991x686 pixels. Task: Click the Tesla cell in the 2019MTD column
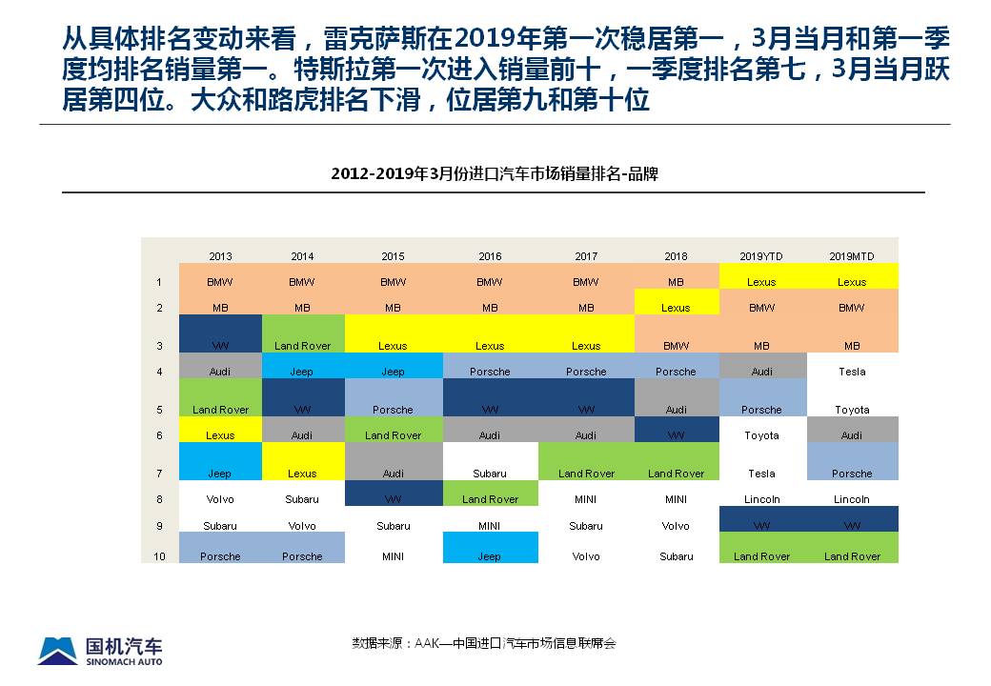coord(852,372)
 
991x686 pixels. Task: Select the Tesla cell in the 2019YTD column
coord(761,474)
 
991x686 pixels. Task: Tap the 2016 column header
coord(490,256)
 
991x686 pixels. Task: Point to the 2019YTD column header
coord(761,256)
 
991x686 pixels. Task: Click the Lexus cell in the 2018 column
coord(676,308)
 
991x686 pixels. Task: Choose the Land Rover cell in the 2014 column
coord(302,346)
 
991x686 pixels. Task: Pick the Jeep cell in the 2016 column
coord(490,556)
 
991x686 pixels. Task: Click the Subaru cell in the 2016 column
coord(490,474)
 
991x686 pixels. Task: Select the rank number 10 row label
coord(159,556)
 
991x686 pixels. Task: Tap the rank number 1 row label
coord(159,282)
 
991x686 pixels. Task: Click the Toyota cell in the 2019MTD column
coord(852,410)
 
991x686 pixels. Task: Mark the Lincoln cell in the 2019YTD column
coord(761,499)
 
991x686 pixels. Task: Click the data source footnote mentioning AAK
coord(484,643)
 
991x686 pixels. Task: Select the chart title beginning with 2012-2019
coord(495,174)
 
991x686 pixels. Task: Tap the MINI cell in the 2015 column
coord(393,556)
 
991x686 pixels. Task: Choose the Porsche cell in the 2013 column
coord(220,556)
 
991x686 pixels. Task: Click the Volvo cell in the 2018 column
coord(676,525)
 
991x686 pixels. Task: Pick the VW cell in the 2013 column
coord(220,346)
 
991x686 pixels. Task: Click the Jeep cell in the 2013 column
coord(220,474)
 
